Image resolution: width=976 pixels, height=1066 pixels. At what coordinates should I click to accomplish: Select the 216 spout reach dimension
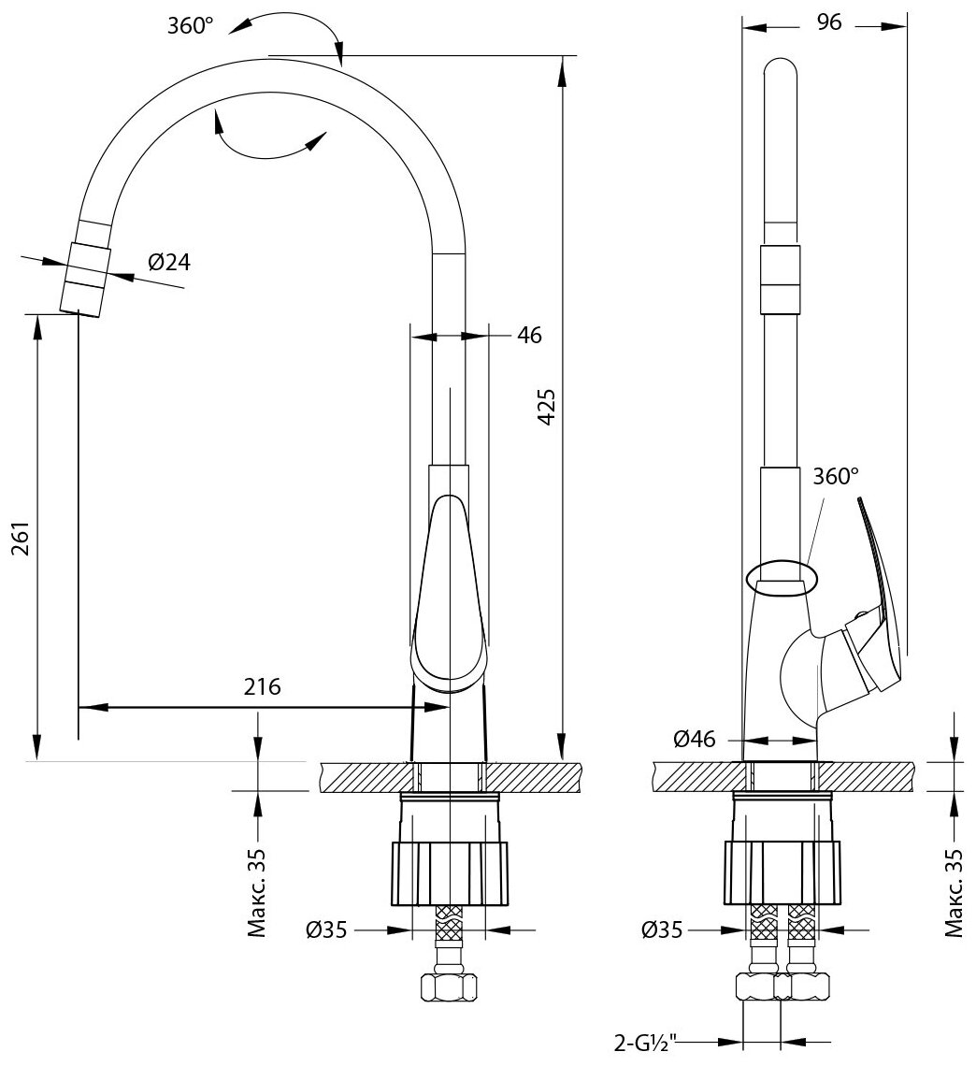coord(263,686)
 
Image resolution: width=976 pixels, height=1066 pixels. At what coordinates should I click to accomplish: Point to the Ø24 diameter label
coord(168,263)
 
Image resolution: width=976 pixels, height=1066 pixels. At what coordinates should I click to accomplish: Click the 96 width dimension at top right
coord(828,23)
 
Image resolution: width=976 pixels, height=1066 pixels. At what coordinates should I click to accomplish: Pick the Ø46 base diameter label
coord(695,740)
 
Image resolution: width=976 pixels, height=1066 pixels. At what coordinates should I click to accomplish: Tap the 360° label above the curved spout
coord(191,25)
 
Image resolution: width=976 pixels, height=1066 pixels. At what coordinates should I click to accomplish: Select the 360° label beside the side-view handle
coord(835,476)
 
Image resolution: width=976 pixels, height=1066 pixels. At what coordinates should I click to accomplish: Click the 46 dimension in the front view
coord(529,335)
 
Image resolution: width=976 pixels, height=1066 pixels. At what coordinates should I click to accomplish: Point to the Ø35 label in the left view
coord(326,930)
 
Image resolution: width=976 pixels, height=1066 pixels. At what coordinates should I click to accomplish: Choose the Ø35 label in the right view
coord(663,930)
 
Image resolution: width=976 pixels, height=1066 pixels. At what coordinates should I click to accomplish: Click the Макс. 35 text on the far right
coord(953,893)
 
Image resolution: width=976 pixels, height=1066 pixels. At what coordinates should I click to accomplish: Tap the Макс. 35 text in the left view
coord(257,893)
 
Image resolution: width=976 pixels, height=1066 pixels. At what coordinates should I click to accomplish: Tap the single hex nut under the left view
coord(450,987)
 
